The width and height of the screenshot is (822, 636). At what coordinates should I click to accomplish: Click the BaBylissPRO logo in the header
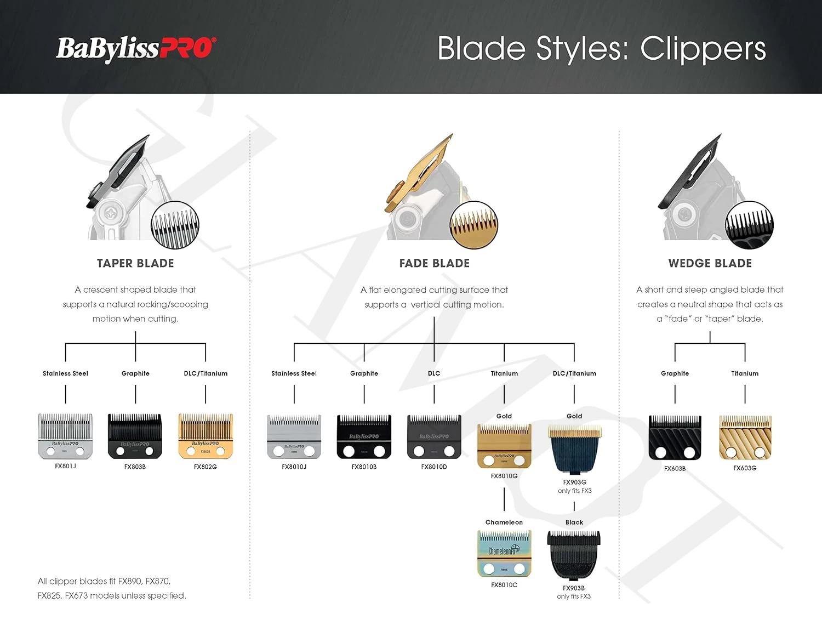click(x=136, y=49)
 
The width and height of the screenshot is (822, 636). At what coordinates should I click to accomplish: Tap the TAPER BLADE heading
click(x=135, y=263)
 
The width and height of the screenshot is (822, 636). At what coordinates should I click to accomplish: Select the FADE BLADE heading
click(x=434, y=263)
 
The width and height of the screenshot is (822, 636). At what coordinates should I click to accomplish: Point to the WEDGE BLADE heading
click(x=710, y=263)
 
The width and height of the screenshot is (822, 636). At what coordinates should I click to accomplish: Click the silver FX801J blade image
click(x=65, y=436)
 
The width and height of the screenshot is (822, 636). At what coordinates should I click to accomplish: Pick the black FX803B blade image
click(x=135, y=436)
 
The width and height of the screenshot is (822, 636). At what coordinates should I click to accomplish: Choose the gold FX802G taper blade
click(x=206, y=436)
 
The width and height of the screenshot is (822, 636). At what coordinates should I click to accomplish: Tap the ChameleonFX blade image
click(x=504, y=554)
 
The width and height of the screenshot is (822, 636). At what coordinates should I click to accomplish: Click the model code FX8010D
click(x=434, y=467)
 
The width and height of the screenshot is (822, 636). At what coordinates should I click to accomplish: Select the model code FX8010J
click(x=294, y=467)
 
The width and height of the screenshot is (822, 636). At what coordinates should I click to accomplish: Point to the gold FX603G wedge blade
click(x=745, y=438)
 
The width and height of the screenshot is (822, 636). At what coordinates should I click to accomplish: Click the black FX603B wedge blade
click(x=675, y=438)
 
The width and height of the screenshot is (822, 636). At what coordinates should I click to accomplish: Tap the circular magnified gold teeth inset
click(x=473, y=225)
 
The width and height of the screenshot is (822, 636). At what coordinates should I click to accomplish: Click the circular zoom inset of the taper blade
click(x=175, y=225)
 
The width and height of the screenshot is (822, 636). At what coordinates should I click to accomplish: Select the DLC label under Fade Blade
click(x=434, y=373)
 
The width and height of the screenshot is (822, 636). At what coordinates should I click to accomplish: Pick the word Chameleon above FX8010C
click(x=504, y=522)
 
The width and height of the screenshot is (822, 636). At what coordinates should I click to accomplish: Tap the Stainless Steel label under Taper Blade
click(x=65, y=373)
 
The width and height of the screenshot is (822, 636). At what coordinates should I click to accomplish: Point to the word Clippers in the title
click(x=703, y=49)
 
